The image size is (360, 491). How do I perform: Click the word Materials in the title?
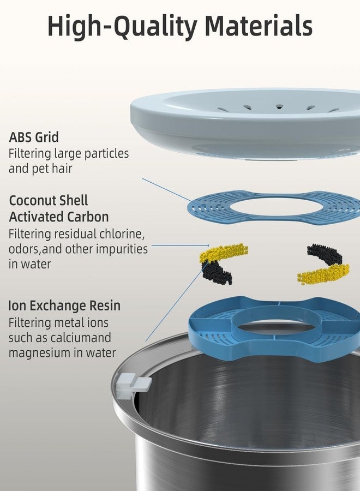[258, 26]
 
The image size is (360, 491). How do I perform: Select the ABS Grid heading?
[34, 137]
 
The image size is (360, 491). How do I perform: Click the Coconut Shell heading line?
[49, 201]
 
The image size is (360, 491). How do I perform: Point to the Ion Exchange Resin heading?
[64, 306]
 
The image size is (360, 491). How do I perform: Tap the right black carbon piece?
[325, 254]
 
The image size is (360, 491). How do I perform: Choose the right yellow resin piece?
[323, 274]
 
